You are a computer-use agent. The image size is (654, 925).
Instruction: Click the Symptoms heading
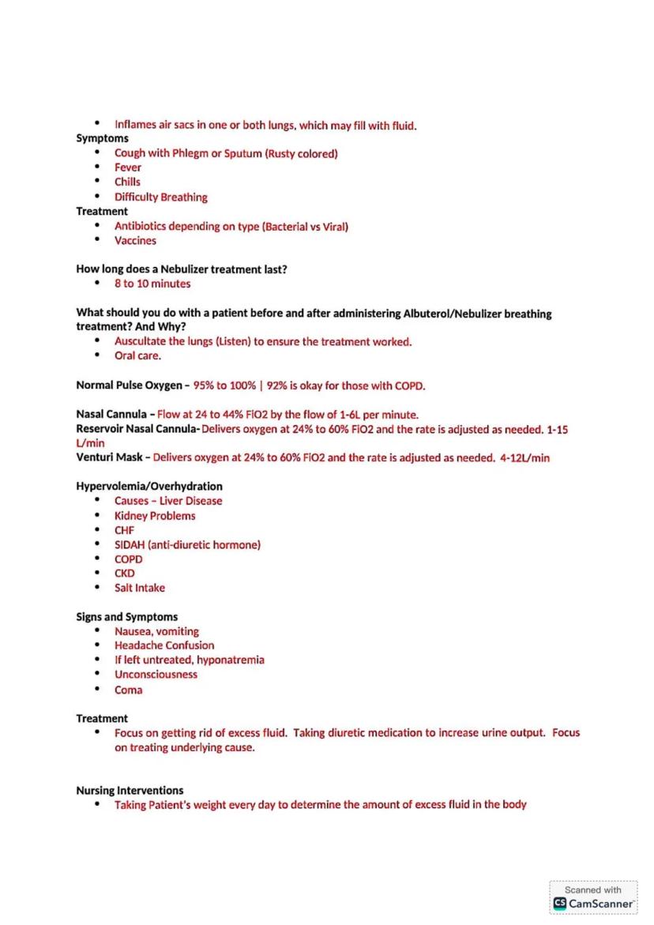pos(102,138)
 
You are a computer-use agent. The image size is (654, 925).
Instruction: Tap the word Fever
pos(128,167)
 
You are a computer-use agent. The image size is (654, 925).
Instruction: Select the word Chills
pos(127,182)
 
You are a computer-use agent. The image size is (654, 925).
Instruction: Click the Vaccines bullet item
pos(135,240)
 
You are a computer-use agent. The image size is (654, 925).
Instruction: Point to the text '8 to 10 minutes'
pos(152,284)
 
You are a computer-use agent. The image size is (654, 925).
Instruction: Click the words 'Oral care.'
pos(137,355)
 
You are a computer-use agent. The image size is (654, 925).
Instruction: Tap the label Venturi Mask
pos(108,457)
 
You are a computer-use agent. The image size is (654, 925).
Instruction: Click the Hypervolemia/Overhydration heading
pos(148,486)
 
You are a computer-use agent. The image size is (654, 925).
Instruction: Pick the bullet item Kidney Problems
pos(155,516)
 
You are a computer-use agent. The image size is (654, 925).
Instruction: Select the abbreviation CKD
pos(125,573)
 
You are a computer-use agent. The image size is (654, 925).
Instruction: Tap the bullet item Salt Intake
pos(140,588)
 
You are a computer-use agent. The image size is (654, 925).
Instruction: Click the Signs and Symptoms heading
pos(126,617)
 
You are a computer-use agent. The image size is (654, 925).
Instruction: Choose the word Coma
pos(128,690)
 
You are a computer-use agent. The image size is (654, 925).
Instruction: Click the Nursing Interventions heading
pos(130,790)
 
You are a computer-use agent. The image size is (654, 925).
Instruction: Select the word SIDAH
pos(130,544)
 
